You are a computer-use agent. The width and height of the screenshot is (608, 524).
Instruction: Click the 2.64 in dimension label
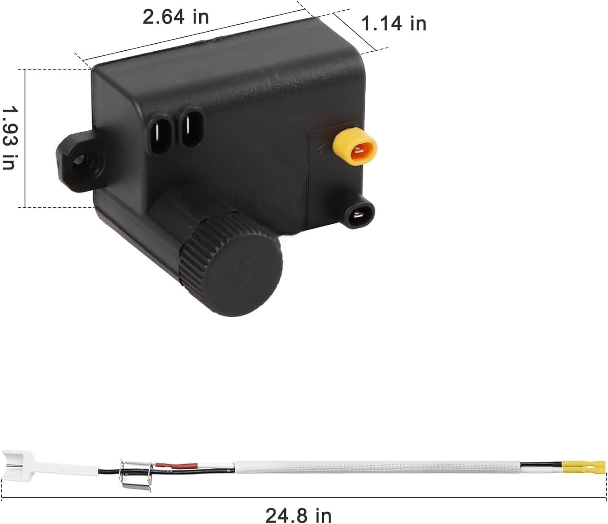pos(175,17)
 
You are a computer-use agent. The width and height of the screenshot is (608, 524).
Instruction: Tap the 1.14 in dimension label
pos(394,24)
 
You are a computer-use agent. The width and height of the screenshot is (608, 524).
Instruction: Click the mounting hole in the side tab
pos(79,161)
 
